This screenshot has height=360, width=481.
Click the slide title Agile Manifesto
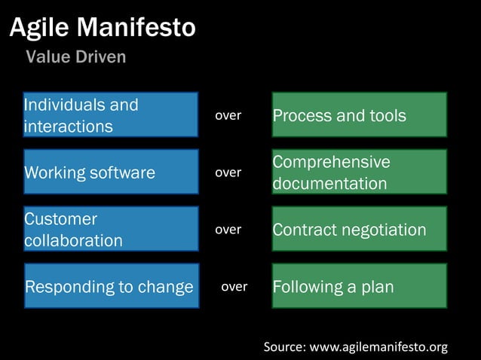tap(103, 29)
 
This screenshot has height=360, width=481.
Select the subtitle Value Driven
tap(76, 57)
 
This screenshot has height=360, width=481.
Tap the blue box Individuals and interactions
tap(111, 114)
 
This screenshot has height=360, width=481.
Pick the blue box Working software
tap(111, 172)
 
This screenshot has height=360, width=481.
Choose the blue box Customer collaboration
tap(111, 229)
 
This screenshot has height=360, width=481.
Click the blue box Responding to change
tap(111, 286)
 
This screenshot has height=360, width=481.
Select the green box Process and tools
tap(359, 114)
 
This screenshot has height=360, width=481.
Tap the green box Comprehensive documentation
tap(359, 172)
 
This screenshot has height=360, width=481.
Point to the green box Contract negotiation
tap(359, 229)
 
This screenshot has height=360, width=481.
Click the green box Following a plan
tap(359, 286)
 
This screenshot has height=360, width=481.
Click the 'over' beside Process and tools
tap(228, 115)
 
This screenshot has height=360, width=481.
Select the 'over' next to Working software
tap(228, 172)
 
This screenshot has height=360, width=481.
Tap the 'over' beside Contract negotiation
tap(228, 230)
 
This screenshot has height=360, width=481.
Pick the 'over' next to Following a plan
tap(234, 287)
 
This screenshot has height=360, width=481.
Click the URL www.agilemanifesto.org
tap(379, 347)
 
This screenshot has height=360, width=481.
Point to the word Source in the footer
tap(284, 347)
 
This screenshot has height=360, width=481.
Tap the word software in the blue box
tap(122, 172)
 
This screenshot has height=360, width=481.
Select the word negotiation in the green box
tap(385, 230)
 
